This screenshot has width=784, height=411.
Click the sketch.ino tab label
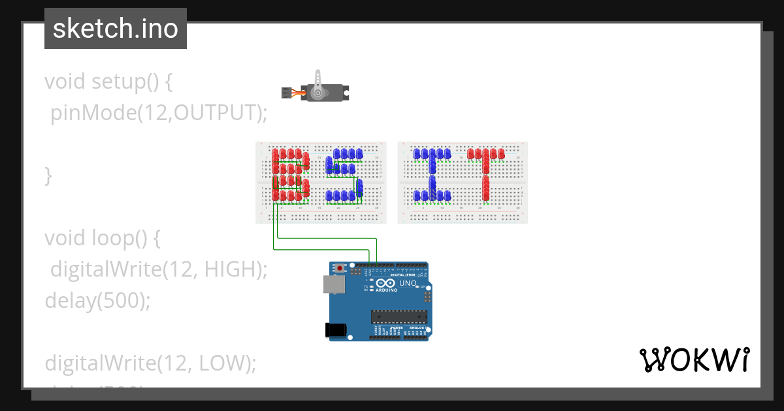tap(115, 29)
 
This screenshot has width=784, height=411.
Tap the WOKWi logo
tap(694, 360)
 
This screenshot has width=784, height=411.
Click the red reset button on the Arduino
tap(340, 267)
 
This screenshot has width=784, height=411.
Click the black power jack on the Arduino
tap(335, 330)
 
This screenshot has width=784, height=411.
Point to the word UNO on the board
tap(408, 283)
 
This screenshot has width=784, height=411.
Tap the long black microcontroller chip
tap(399, 317)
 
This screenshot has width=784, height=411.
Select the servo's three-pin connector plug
tap(286, 93)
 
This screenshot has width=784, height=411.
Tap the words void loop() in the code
tap(102, 238)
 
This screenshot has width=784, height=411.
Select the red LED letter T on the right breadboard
tap(486, 173)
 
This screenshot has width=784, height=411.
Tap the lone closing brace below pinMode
tap(48, 175)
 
